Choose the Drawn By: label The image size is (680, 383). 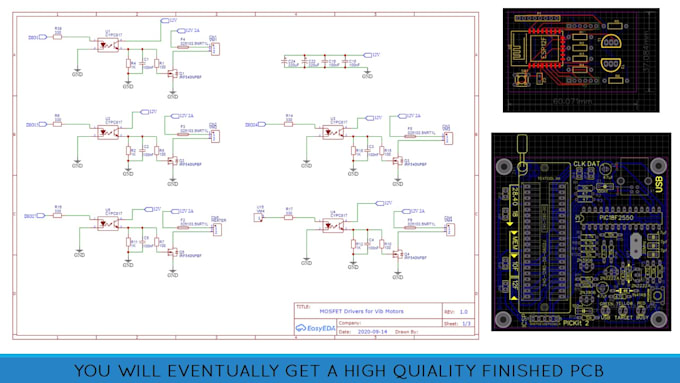pos(405,331)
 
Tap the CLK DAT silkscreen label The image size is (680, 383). pos(588,164)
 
